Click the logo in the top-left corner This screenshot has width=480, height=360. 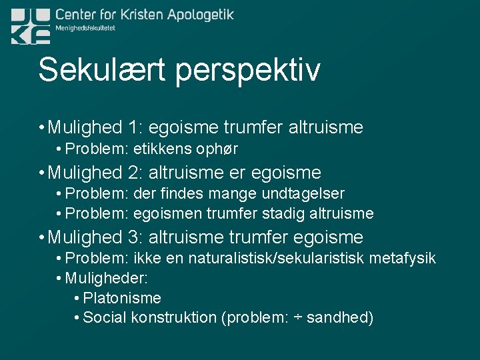[31, 27]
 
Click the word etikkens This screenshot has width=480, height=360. [161, 149]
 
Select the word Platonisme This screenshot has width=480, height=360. [122, 298]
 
